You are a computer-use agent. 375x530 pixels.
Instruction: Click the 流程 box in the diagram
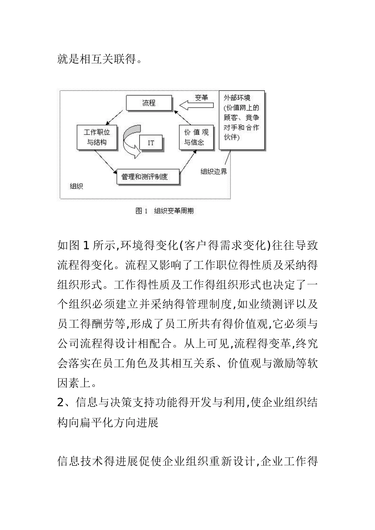click(149, 103)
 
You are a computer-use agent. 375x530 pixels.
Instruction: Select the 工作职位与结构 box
click(97, 137)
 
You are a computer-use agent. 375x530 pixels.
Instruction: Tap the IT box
click(151, 142)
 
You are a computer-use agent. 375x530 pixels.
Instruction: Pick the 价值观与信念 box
click(196, 137)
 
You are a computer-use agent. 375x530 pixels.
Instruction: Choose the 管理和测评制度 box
click(148, 177)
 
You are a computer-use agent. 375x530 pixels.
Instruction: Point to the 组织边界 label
click(214, 172)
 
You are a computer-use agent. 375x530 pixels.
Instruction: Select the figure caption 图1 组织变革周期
click(165, 211)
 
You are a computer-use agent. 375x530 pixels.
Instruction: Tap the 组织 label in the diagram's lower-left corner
click(76, 186)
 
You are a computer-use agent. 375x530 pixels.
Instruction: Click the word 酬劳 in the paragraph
click(104, 324)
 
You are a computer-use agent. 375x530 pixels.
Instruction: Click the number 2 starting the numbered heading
click(60, 402)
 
